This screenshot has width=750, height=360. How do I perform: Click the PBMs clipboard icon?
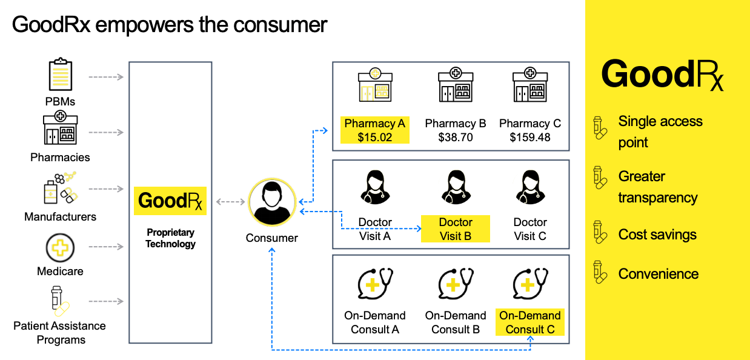pos(60,75)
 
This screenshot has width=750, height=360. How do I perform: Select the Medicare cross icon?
pos(60,248)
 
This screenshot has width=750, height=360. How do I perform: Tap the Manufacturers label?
pos(60,216)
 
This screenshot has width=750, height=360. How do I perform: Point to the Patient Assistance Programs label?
pos(60,333)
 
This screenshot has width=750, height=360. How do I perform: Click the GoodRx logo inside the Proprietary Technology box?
pos(170,201)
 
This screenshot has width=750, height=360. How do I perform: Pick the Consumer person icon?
pos(272,202)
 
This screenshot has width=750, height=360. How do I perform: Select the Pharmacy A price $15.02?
pos(374,138)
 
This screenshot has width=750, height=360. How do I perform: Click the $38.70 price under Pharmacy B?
pos(456,138)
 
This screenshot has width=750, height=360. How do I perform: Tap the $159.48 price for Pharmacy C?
pos(530,138)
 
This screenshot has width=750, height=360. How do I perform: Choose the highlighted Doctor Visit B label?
pos(456,229)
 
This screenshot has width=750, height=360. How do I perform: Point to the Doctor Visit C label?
pos(530,229)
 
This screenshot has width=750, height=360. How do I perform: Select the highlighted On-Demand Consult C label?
pos(530,322)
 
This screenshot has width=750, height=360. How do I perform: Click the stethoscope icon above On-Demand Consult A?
pos(375,283)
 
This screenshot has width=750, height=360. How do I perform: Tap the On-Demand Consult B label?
pos(456,322)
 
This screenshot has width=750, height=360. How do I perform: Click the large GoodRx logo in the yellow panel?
pos(662,75)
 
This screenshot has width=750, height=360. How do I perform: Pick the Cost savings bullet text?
pos(657,235)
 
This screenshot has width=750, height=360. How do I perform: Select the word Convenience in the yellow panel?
pos(658,274)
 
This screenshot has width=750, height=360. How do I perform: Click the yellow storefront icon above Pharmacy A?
pos(375,85)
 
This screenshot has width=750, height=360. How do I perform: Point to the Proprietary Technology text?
pos(170,238)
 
